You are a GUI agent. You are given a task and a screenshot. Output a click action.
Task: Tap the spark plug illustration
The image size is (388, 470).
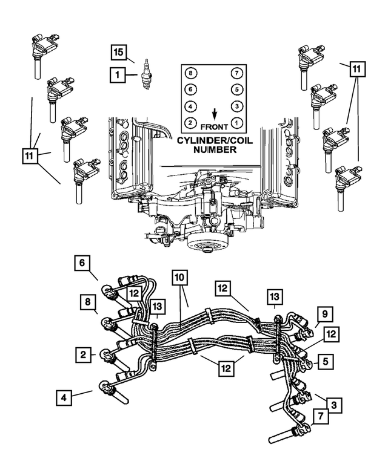(x=145, y=74)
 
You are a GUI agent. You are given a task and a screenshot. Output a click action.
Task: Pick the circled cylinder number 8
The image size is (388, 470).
(x=192, y=74)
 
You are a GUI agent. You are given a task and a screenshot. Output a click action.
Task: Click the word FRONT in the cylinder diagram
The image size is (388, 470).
(x=215, y=128)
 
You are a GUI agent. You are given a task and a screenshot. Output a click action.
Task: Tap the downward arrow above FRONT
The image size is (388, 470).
(x=215, y=114)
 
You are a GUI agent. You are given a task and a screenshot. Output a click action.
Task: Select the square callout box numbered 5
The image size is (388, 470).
(x=326, y=362)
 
